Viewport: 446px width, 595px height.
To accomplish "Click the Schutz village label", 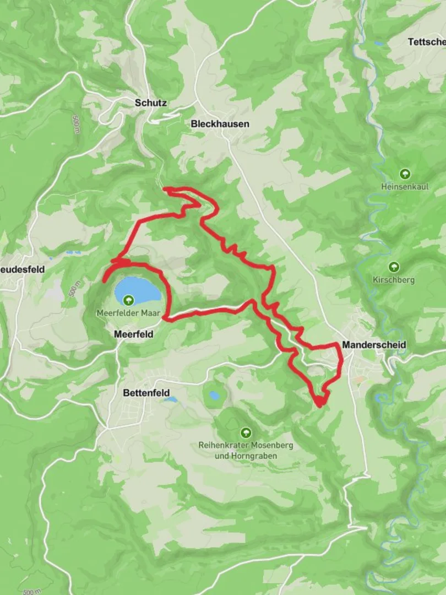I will coord(150,102).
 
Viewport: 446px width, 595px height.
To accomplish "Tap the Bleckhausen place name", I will coord(220,124).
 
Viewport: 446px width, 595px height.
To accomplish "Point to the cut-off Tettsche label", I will coord(427,42).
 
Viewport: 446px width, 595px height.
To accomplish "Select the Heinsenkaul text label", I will coord(405,187).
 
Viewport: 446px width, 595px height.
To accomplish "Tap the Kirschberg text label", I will coord(394,280).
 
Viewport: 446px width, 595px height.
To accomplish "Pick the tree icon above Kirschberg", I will coord(394,267).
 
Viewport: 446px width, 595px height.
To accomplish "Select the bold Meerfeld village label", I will coord(133,334).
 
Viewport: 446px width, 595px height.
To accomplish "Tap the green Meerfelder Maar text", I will coord(128,313).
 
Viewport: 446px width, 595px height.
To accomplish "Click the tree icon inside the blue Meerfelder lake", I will coord(128,300).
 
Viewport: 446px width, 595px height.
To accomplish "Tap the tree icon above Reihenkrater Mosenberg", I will coord(246,432).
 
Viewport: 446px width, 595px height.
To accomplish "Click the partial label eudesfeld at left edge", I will coord(22,269).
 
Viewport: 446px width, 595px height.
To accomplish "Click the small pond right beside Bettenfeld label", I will coord(171,399).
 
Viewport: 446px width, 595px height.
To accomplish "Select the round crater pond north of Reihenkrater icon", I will coord(213,395).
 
